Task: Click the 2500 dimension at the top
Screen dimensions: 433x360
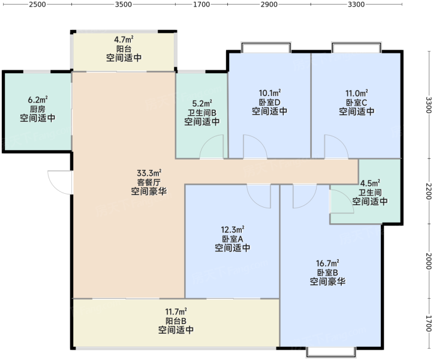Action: click(x=37, y=4)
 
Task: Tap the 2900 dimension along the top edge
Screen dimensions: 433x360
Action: click(x=269, y=4)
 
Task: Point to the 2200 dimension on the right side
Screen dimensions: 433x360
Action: click(x=428, y=191)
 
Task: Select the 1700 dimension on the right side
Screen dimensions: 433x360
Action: click(x=428, y=323)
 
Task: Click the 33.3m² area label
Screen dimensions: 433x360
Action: click(x=149, y=173)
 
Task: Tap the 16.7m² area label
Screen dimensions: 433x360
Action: click(x=327, y=263)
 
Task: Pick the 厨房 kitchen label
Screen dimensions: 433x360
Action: click(x=38, y=109)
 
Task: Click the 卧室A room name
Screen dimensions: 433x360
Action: click(x=232, y=239)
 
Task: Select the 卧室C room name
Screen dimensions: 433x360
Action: click(x=356, y=103)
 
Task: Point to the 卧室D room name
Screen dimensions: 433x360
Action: click(x=269, y=102)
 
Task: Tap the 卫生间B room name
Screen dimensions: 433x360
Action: click(x=202, y=113)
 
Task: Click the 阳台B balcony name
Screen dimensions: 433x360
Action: click(x=176, y=321)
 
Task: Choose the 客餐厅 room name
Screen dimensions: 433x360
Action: click(x=149, y=182)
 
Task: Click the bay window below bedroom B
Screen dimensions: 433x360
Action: click(x=331, y=352)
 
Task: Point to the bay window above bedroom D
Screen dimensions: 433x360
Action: click(x=266, y=47)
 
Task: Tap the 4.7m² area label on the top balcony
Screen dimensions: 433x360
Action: click(x=124, y=40)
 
